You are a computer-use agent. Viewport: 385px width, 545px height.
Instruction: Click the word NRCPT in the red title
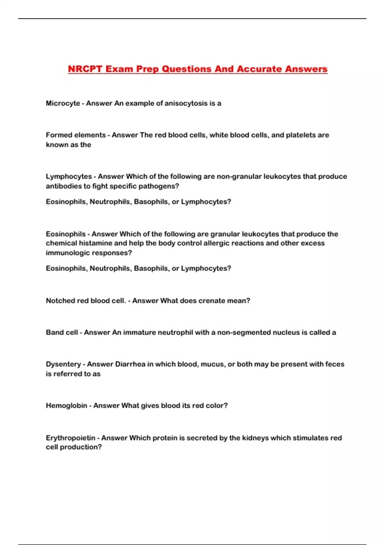coord(85,69)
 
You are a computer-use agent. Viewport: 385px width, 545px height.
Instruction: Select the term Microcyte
coord(63,103)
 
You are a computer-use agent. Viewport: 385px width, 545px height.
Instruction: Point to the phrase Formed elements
coord(76,135)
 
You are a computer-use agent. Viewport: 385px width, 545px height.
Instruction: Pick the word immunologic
coord(66,253)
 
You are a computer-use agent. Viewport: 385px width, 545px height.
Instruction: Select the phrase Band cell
coord(62,332)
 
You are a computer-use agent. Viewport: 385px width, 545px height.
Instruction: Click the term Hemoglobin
coord(66,406)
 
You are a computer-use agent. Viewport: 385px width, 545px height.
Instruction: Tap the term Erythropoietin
coord(71,438)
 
